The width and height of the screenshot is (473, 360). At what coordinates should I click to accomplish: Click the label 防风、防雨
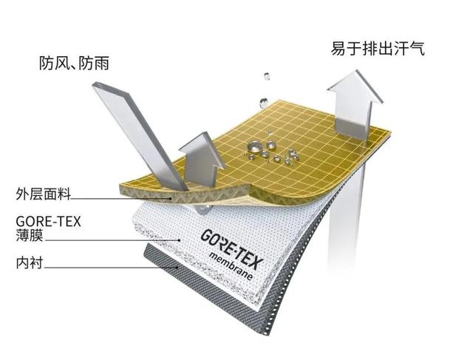coord(74,64)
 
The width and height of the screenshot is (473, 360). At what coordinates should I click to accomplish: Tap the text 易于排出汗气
coord(378,48)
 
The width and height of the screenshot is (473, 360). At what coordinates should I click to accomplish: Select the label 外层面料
coord(43,194)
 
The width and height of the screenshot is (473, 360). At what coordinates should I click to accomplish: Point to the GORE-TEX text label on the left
coord(48,222)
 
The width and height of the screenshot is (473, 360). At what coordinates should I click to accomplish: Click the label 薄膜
coord(30,235)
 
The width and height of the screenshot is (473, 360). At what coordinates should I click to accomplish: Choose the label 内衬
coord(30,263)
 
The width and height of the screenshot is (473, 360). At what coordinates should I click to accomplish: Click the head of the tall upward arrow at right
coord(355,87)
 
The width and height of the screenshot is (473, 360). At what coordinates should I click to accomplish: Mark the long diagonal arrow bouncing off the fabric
coord(140,137)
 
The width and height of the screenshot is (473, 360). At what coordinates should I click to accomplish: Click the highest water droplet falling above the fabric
coord(267,76)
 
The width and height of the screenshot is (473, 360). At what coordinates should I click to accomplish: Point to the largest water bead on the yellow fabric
coord(254,147)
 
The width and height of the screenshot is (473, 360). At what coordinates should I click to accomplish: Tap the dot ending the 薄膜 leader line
coord(180,240)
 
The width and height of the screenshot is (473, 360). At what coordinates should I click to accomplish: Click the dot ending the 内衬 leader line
coord(177,267)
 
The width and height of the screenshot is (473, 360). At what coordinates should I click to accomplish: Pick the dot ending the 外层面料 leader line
coord(171,199)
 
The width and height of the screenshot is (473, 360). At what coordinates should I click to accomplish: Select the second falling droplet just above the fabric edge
coord(263,103)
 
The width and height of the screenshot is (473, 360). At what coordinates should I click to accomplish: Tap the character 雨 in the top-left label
coord(101,64)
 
